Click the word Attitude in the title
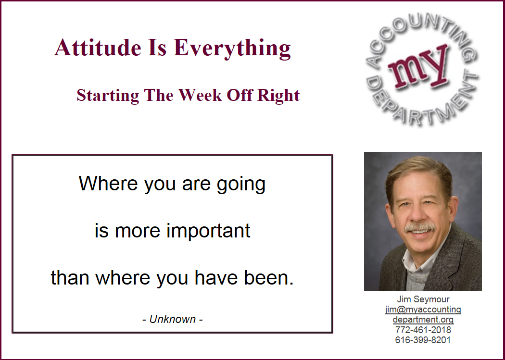click(x=98, y=48)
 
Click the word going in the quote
click(x=241, y=185)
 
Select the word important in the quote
click(x=208, y=231)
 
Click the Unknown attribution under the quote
click(x=172, y=319)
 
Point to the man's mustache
click(x=420, y=227)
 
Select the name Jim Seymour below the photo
click(x=423, y=299)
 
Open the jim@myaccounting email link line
click(x=423, y=310)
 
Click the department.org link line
click(x=423, y=320)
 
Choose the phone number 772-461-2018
click(x=423, y=330)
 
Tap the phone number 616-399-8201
click(x=423, y=340)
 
